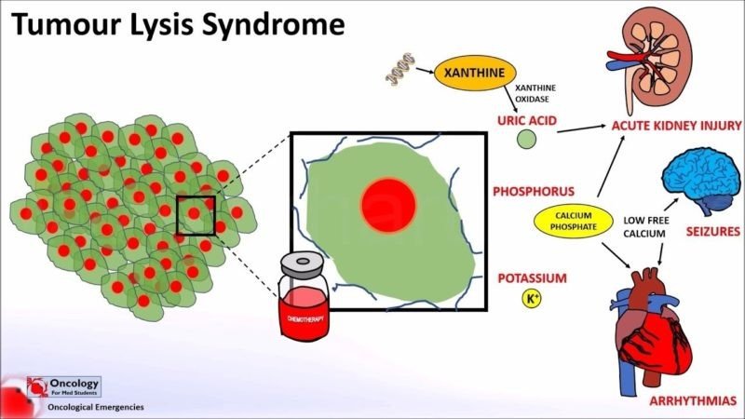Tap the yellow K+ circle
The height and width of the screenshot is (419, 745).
(x=531, y=299)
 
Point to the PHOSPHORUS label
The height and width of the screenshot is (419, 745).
(x=530, y=192)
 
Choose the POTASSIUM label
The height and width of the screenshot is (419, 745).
(x=532, y=277)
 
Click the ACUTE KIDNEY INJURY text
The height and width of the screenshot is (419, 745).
(x=675, y=124)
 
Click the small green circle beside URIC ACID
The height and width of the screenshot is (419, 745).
(x=527, y=142)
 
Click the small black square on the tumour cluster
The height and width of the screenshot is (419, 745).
(x=196, y=216)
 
